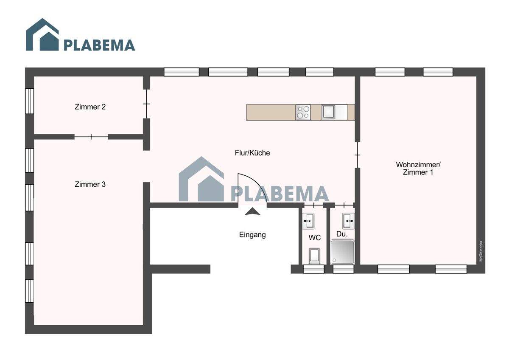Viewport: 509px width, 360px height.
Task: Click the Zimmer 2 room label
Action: click(x=90, y=107)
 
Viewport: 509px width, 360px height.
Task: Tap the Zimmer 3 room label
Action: click(x=90, y=184)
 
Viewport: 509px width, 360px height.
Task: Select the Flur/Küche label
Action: click(x=252, y=153)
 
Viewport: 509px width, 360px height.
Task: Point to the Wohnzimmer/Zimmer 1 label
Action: click(x=418, y=168)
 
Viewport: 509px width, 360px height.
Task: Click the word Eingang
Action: click(x=252, y=235)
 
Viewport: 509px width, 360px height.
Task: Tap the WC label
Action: click(x=315, y=238)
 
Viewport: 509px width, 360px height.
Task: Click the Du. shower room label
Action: click(x=342, y=234)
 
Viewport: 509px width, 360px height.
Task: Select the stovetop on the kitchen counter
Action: click(x=303, y=112)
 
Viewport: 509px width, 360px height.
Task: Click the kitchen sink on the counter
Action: click(x=328, y=112)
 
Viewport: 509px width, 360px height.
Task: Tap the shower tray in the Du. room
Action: click(x=342, y=252)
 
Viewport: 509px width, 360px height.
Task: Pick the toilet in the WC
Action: click(x=314, y=256)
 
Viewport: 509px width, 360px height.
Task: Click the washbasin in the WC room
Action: click(x=308, y=221)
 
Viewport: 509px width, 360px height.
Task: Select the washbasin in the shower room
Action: click(x=348, y=221)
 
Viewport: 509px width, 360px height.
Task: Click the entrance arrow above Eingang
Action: click(x=252, y=211)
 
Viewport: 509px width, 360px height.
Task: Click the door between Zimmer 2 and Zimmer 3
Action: click(x=91, y=137)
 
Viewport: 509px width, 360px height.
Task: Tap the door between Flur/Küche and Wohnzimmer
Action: click(x=358, y=155)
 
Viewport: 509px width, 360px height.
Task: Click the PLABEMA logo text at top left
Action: click(x=100, y=45)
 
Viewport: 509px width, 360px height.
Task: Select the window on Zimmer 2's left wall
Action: click(x=29, y=101)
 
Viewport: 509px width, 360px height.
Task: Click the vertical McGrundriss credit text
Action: click(x=481, y=251)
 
